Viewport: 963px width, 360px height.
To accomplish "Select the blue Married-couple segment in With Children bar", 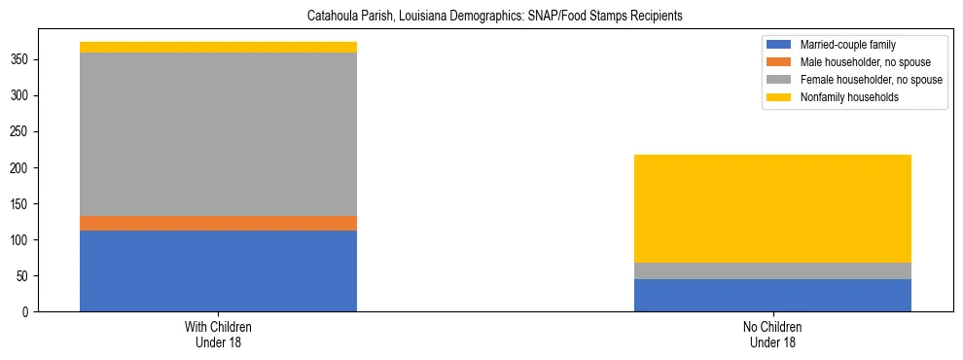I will point(218,270).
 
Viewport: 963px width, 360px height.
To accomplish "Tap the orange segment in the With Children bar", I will point(218,223).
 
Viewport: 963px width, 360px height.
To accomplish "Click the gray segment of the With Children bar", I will point(218,134).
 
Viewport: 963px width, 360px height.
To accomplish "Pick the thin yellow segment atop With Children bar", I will point(218,47).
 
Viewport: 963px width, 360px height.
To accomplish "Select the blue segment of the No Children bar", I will point(772,295).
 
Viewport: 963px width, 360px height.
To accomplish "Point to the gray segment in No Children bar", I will point(772,270).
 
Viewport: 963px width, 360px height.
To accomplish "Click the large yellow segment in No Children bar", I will point(772,208).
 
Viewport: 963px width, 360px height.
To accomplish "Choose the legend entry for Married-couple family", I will point(847,45).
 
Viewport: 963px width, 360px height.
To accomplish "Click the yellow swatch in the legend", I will point(780,97).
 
